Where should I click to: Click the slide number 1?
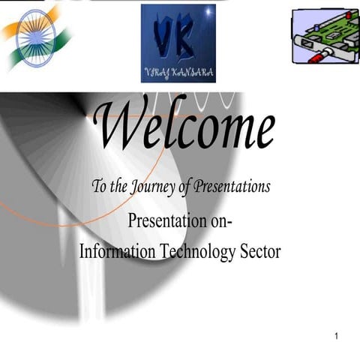pos(337,334)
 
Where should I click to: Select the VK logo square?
pos(178,43)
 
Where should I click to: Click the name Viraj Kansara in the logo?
pos(178,72)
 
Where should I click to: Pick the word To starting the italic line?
pos(98,187)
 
